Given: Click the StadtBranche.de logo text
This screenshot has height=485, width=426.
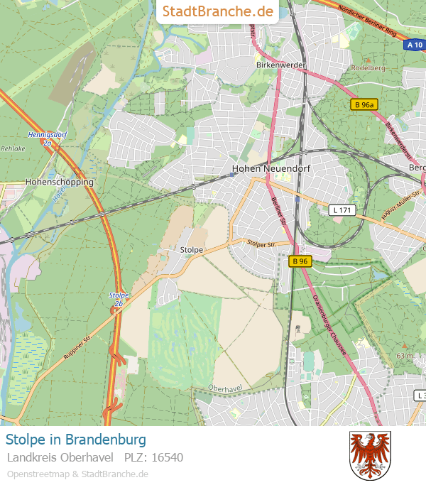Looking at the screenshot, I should pyautogui.click(x=218, y=11).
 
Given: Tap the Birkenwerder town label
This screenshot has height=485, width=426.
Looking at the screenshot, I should pyautogui.click(x=280, y=65).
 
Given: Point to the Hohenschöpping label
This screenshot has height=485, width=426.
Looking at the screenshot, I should pyautogui.click(x=60, y=182).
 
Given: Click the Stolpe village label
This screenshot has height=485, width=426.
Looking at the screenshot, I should pyautogui.click(x=192, y=250).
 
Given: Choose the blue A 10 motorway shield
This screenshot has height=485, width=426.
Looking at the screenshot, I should pyautogui.click(x=414, y=45).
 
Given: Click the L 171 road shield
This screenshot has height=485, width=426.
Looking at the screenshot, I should pyautogui.click(x=342, y=210).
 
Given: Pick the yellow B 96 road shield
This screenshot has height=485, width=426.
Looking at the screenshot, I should pyautogui.click(x=300, y=261).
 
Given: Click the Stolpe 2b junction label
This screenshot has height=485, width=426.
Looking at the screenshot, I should pyautogui.click(x=119, y=298).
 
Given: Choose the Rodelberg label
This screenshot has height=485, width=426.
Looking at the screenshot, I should pyautogui.click(x=367, y=68).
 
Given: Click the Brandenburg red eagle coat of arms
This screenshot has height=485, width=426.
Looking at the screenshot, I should pyautogui.click(x=370, y=454).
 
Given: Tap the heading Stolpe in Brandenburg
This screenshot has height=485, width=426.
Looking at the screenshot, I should pyautogui.click(x=76, y=439).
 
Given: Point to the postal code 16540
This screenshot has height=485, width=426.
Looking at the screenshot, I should pyautogui.click(x=168, y=457).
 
